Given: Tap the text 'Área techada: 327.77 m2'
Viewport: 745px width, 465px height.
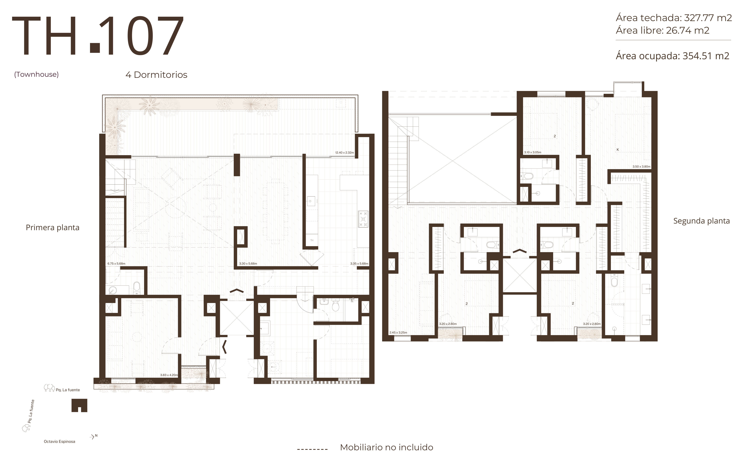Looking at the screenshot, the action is click(x=674, y=18).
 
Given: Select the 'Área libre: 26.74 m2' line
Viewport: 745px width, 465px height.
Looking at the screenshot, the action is click(x=662, y=30).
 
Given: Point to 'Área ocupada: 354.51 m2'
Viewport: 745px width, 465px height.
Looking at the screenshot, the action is click(x=672, y=56).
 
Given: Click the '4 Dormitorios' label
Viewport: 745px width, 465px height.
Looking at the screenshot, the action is click(x=156, y=75).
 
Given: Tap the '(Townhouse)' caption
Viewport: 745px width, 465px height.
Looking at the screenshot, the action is click(x=36, y=74).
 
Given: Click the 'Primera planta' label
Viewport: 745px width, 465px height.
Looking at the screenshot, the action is click(x=53, y=228).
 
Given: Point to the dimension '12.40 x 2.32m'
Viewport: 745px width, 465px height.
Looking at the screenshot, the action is click(x=345, y=153).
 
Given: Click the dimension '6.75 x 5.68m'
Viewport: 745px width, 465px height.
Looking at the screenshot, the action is click(x=116, y=263).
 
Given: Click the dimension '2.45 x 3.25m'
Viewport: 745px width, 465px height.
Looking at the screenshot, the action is click(x=398, y=332).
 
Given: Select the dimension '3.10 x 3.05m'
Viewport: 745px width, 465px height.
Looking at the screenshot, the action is click(x=533, y=152).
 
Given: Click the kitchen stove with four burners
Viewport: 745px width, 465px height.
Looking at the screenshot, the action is click(x=363, y=219).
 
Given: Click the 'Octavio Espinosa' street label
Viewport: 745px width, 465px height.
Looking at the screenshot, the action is click(x=59, y=442).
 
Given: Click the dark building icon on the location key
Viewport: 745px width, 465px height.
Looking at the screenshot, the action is click(x=79, y=405).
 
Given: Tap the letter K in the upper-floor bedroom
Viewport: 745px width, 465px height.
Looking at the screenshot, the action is click(x=618, y=150).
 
